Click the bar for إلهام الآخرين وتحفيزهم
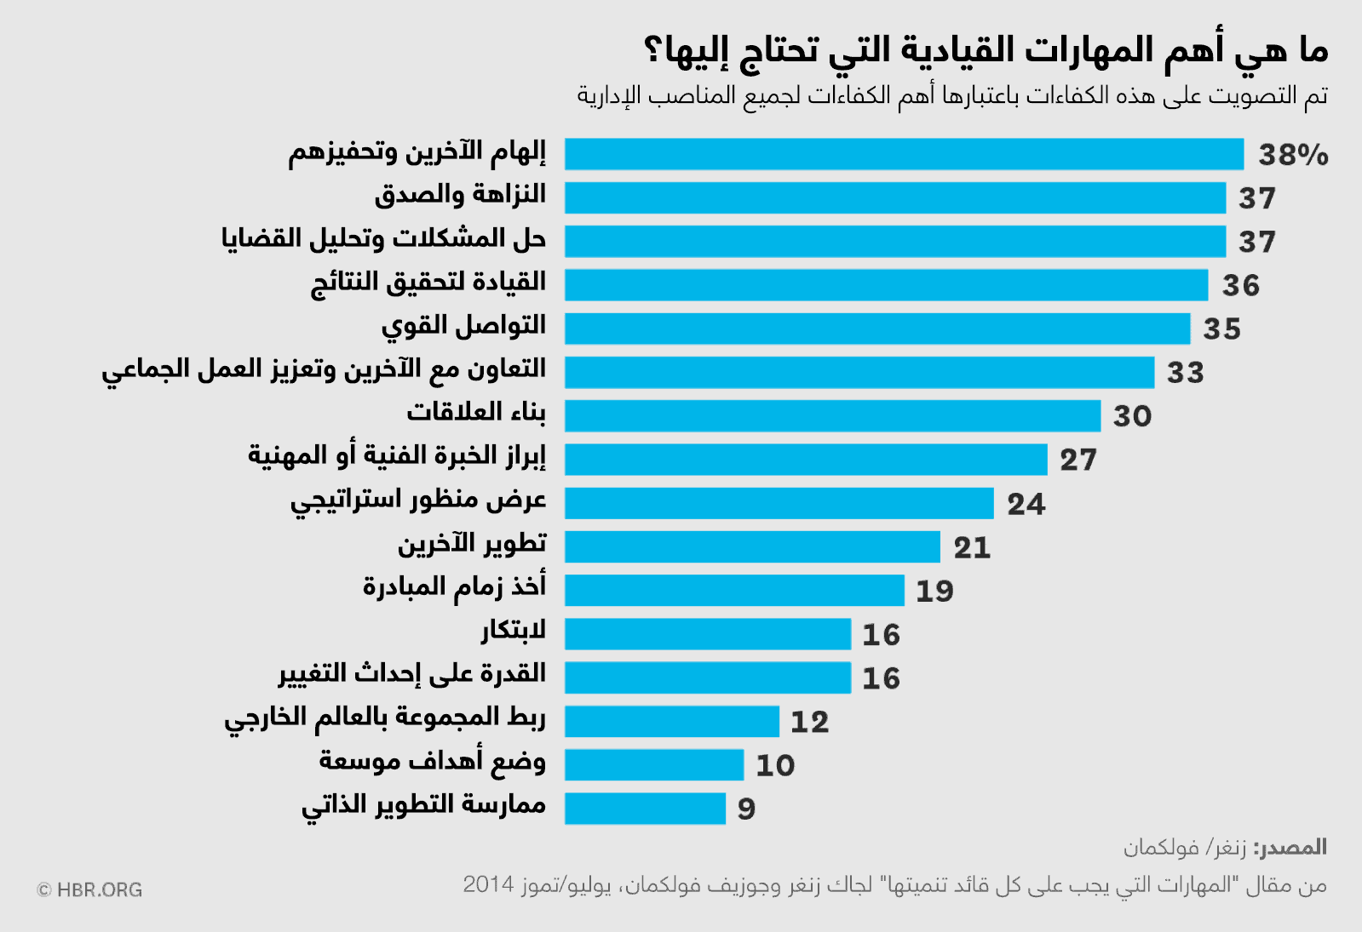(903, 154)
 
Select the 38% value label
(1293, 155)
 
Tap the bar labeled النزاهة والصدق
(894, 197)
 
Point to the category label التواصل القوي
(463, 326)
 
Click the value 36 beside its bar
(1240, 286)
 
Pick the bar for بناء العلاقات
(832, 415)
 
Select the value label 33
(1185, 373)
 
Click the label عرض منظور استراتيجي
(418, 500)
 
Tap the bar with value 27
(805, 460)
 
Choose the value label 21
(972, 547)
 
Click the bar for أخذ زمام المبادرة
(733, 590)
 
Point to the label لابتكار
(513, 631)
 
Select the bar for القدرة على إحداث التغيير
(707, 678)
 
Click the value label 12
(809, 722)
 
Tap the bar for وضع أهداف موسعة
(653, 764)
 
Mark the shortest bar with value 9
(645, 808)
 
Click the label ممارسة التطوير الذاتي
(423, 805)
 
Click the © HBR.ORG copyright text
(89, 890)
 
